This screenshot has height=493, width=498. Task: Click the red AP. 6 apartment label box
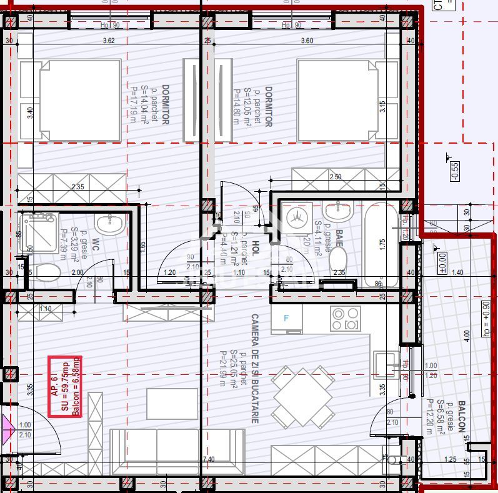[66, 386]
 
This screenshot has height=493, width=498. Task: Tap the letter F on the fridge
[287, 318]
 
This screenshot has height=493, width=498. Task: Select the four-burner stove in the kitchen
[346, 319]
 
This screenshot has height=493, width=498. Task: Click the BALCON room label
[462, 417]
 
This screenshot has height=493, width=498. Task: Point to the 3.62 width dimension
[109, 41]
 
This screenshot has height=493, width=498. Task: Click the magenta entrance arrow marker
[8, 431]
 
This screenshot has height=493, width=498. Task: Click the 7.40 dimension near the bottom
[207, 459]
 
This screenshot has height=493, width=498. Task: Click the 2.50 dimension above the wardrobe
[335, 177]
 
